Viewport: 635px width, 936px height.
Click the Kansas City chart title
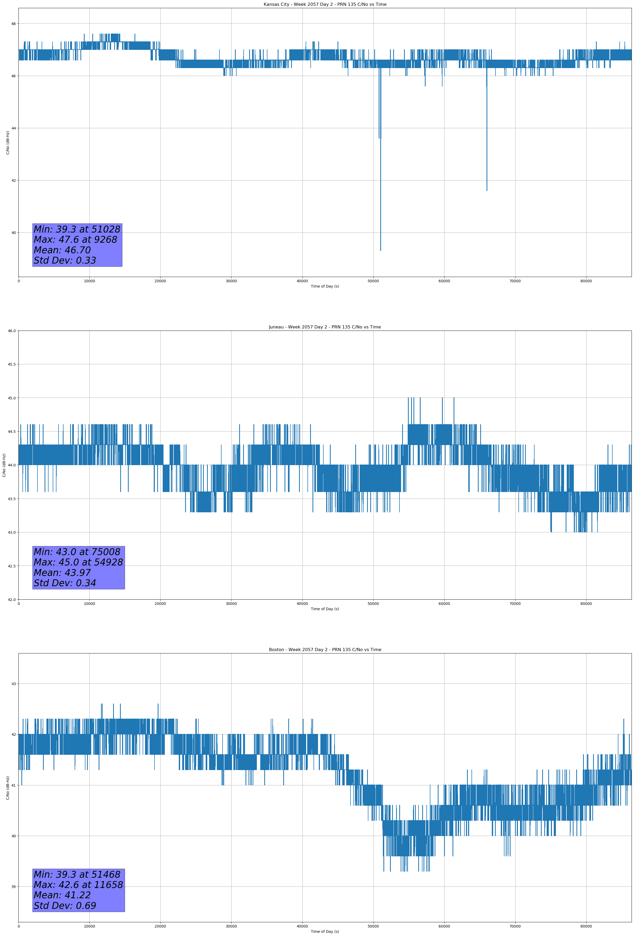point(325,4)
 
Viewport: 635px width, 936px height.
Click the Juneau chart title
point(325,327)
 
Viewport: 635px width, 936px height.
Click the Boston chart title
point(325,650)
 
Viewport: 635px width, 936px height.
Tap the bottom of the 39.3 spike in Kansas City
point(381,250)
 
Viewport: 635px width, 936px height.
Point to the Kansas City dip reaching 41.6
point(487,190)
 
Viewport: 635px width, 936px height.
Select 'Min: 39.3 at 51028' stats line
point(77,229)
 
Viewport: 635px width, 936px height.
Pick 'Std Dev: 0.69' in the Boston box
point(65,906)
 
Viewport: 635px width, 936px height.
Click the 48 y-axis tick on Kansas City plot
point(13,24)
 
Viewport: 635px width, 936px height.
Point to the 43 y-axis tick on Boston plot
point(13,684)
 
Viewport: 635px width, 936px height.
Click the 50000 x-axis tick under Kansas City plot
point(373,281)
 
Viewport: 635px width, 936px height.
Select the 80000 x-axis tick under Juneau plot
point(586,604)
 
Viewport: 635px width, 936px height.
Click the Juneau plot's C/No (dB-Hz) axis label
point(4,465)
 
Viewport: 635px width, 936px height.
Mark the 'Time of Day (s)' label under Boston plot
point(325,932)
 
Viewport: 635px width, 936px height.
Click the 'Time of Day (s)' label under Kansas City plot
point(325,286)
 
